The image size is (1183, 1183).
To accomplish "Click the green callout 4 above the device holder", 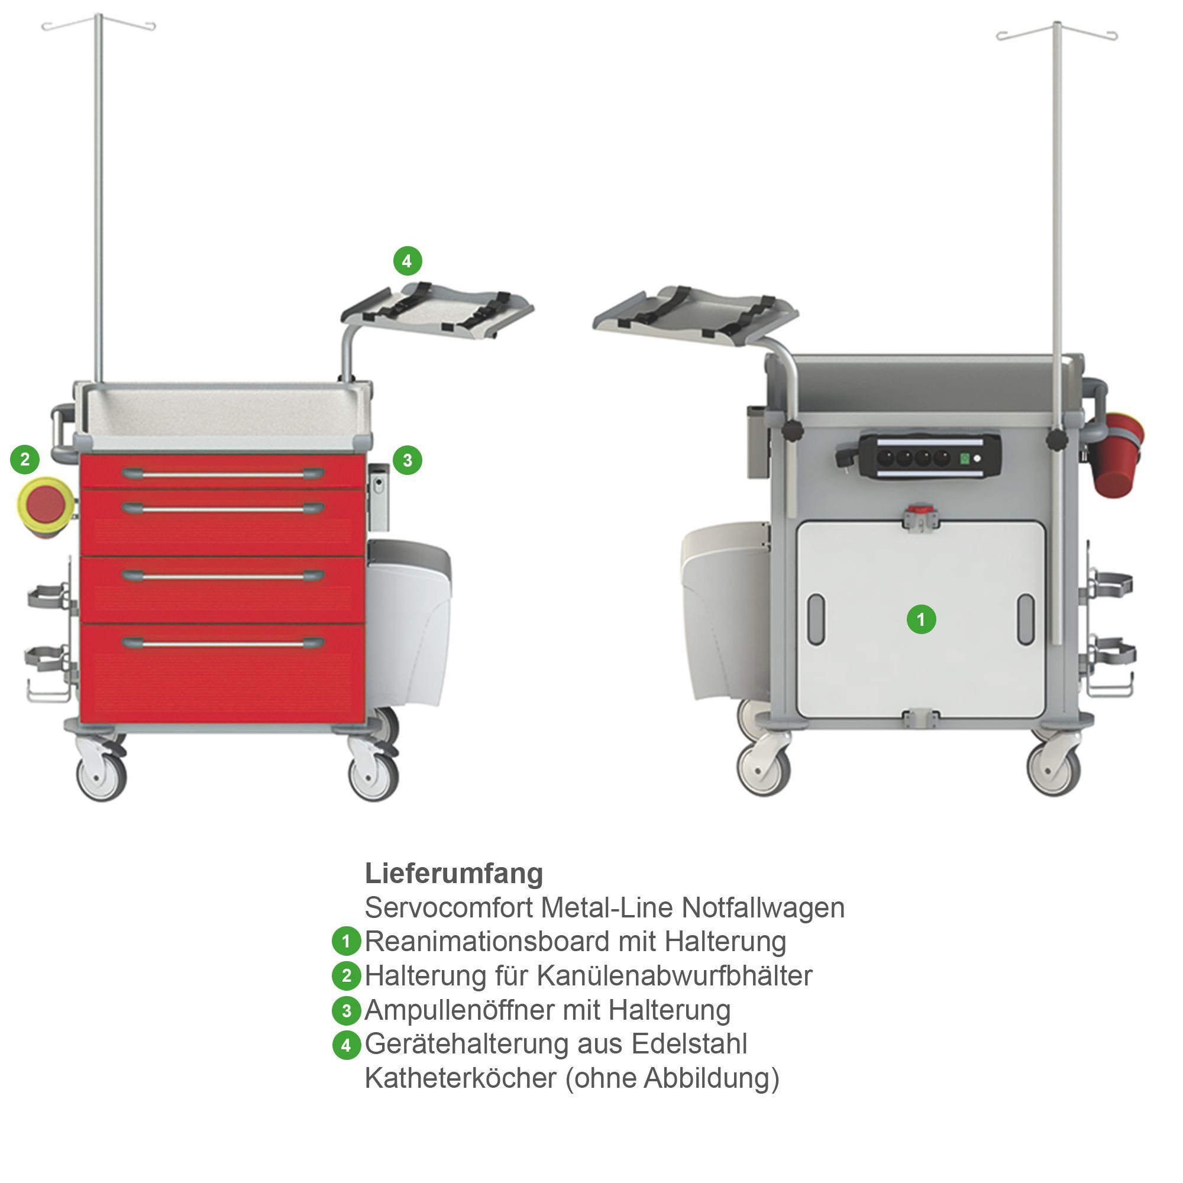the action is coord(406,261).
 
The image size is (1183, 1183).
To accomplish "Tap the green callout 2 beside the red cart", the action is coord(25,459).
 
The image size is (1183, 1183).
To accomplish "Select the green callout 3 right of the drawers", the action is coord(407,460).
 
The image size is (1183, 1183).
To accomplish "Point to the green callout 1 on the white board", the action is coord(921,620).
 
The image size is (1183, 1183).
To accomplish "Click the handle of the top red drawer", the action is coord(223,473).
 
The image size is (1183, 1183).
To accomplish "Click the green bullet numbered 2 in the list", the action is coord(346,975).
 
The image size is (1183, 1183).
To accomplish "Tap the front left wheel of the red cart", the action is coord(102,776).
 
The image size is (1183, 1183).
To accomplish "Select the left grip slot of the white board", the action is coord(816,619).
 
